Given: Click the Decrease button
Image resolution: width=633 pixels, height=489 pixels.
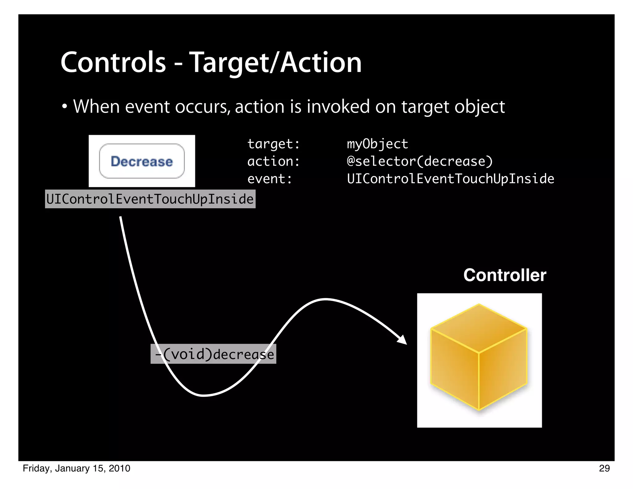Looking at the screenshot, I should (142, 161).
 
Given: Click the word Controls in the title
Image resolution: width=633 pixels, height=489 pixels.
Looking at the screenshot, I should (113, 63).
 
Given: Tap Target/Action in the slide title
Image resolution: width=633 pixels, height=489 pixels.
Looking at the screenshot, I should (275, 63).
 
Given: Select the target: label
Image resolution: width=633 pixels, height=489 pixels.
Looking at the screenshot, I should (274, 144).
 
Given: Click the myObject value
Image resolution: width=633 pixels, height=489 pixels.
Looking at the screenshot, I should (377, 144).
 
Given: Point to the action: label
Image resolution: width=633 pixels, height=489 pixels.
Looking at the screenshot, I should (274, 161).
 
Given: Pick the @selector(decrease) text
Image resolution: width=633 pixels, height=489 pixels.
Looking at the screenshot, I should (419, 161).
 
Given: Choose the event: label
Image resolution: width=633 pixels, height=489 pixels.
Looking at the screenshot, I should (270, 179).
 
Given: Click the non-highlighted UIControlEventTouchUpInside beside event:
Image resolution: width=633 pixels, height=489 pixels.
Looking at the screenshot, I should (450, 179).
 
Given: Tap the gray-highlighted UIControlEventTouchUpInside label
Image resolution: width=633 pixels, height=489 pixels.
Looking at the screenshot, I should (150, 199).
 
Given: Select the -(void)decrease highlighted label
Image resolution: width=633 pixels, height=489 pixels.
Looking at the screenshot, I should (213, 354).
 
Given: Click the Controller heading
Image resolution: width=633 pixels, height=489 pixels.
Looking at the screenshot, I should (505, 275).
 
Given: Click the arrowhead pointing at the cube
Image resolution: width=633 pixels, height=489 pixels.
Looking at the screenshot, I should (403, 340).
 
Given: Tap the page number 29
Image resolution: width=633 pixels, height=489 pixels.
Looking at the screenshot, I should (604, 468).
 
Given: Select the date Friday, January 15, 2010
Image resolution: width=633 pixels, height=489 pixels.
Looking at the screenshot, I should (76, 468).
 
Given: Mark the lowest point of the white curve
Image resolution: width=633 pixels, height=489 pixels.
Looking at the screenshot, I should (204, 395).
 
